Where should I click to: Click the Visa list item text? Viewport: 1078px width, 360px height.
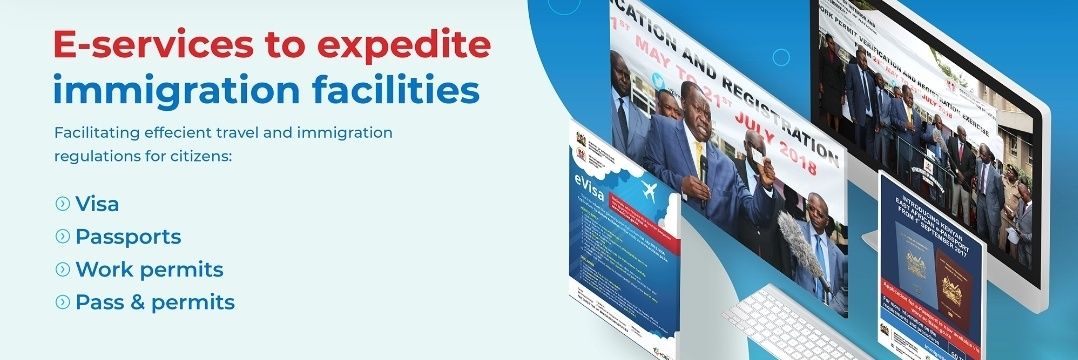(x=97, y=204)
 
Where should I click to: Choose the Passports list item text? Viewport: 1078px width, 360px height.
(x=128, y=237)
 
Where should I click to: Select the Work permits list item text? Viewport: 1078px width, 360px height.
(x=149, y=269)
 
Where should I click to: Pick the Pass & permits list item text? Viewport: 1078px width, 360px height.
(x=155, y=301)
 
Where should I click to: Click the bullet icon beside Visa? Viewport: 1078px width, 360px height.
(x=63, y=204)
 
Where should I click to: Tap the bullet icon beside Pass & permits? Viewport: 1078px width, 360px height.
(x=63, y=301)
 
